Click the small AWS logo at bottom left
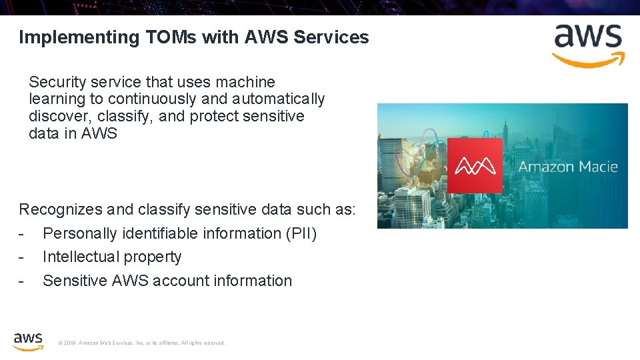28,341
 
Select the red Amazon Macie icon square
475,165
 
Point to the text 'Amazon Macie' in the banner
568,166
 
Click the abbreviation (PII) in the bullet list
301,233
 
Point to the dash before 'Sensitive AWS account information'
22,281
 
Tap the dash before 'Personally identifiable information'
22,233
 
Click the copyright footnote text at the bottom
142,343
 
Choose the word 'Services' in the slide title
331,37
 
